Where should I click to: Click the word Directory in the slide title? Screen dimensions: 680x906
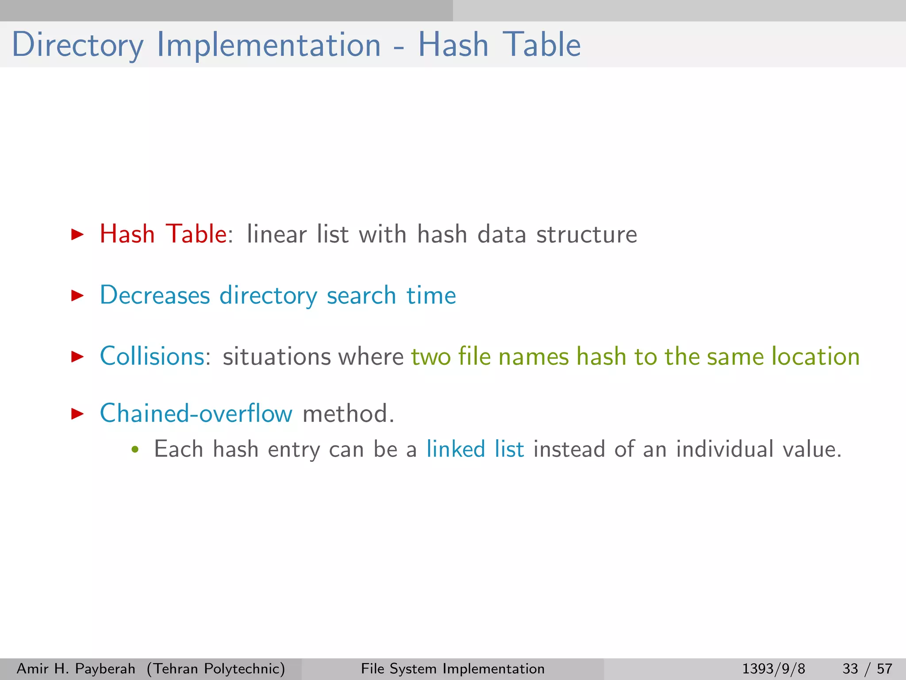pyautogui.click(x=77, y=45)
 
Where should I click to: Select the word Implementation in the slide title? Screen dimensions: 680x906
pyautogui.click(x=269, y=45)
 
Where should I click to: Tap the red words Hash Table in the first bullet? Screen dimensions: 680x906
pyautogui.click(x=163, y=234)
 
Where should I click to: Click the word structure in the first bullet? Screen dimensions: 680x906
pyautogui.click(x=587, y=234)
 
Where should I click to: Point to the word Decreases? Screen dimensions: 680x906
pyautogui.click(x=154, y=295)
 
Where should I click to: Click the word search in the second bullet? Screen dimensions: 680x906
pyautogui.click(x=361, y=295)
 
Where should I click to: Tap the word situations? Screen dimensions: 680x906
pyautogui.click(x=276, y=357)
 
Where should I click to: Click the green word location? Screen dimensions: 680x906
pyautogui.click(x=815, y=356)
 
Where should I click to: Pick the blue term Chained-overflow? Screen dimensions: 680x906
pyautogui.click(x=196, y=413)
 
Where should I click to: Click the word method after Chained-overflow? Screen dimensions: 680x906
pyautogui.click(x=348, y=413)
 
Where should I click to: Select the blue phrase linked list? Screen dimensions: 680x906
pyautogui.click(x=475, y=449)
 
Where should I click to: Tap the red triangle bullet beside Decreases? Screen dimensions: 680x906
pyautogui.click(x=77, y=295)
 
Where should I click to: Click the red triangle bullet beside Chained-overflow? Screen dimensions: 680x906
pyautogui.click(x=77, y=413)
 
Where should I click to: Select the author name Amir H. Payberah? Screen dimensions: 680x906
pyautogui.click(x=76, y=668)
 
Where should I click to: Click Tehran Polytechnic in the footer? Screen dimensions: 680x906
pyautogui.click(x=216, y=668)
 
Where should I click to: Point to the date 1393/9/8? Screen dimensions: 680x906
pyautogui.click(x=773, y=668)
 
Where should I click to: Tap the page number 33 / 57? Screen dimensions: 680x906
pyautogui.click(x=867, y=668)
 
